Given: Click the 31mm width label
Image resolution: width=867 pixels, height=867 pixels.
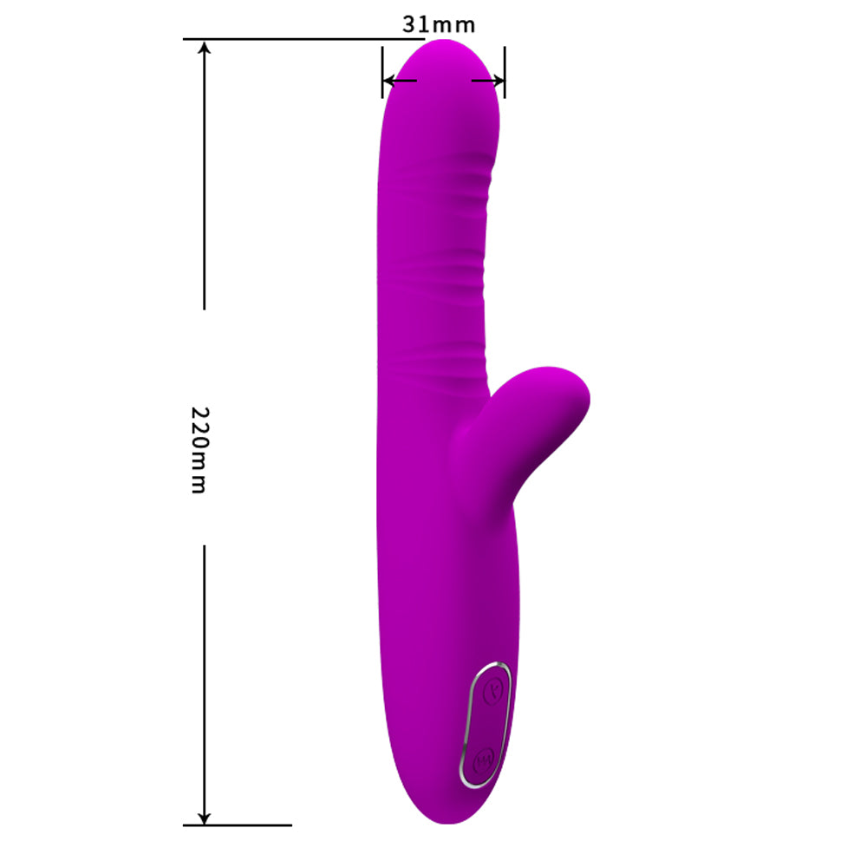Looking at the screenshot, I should coord(439,24).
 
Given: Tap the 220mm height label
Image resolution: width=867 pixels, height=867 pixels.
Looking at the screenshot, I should coord(199,449).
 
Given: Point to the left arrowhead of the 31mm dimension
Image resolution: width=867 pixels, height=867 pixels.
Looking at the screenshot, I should coord(390,81).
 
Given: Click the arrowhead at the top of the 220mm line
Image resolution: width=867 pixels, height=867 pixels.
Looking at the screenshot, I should coord(205,49).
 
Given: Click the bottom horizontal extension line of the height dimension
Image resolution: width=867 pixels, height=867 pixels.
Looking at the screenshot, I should coord(238,825).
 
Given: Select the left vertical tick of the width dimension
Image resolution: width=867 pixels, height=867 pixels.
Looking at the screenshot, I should coord(382,71).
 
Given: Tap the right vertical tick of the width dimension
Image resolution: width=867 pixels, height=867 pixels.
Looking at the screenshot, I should coord(505,71).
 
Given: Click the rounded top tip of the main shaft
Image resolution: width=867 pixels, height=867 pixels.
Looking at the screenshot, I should coord(442,54).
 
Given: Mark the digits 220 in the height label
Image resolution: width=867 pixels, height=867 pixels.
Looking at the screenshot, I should coord(199,430).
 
